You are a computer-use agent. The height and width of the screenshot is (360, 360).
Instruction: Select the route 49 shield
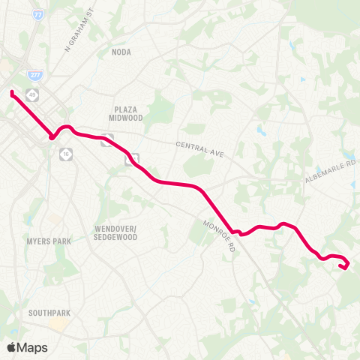coord(31,94)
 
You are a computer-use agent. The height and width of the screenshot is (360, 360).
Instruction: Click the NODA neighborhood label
coord(121,52)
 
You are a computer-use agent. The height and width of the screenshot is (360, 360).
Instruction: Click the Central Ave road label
coord(200,148)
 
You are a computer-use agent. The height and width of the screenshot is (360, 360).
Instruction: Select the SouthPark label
coord(49,312)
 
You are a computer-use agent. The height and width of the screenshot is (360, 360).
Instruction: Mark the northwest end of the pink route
coord(12,92)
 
